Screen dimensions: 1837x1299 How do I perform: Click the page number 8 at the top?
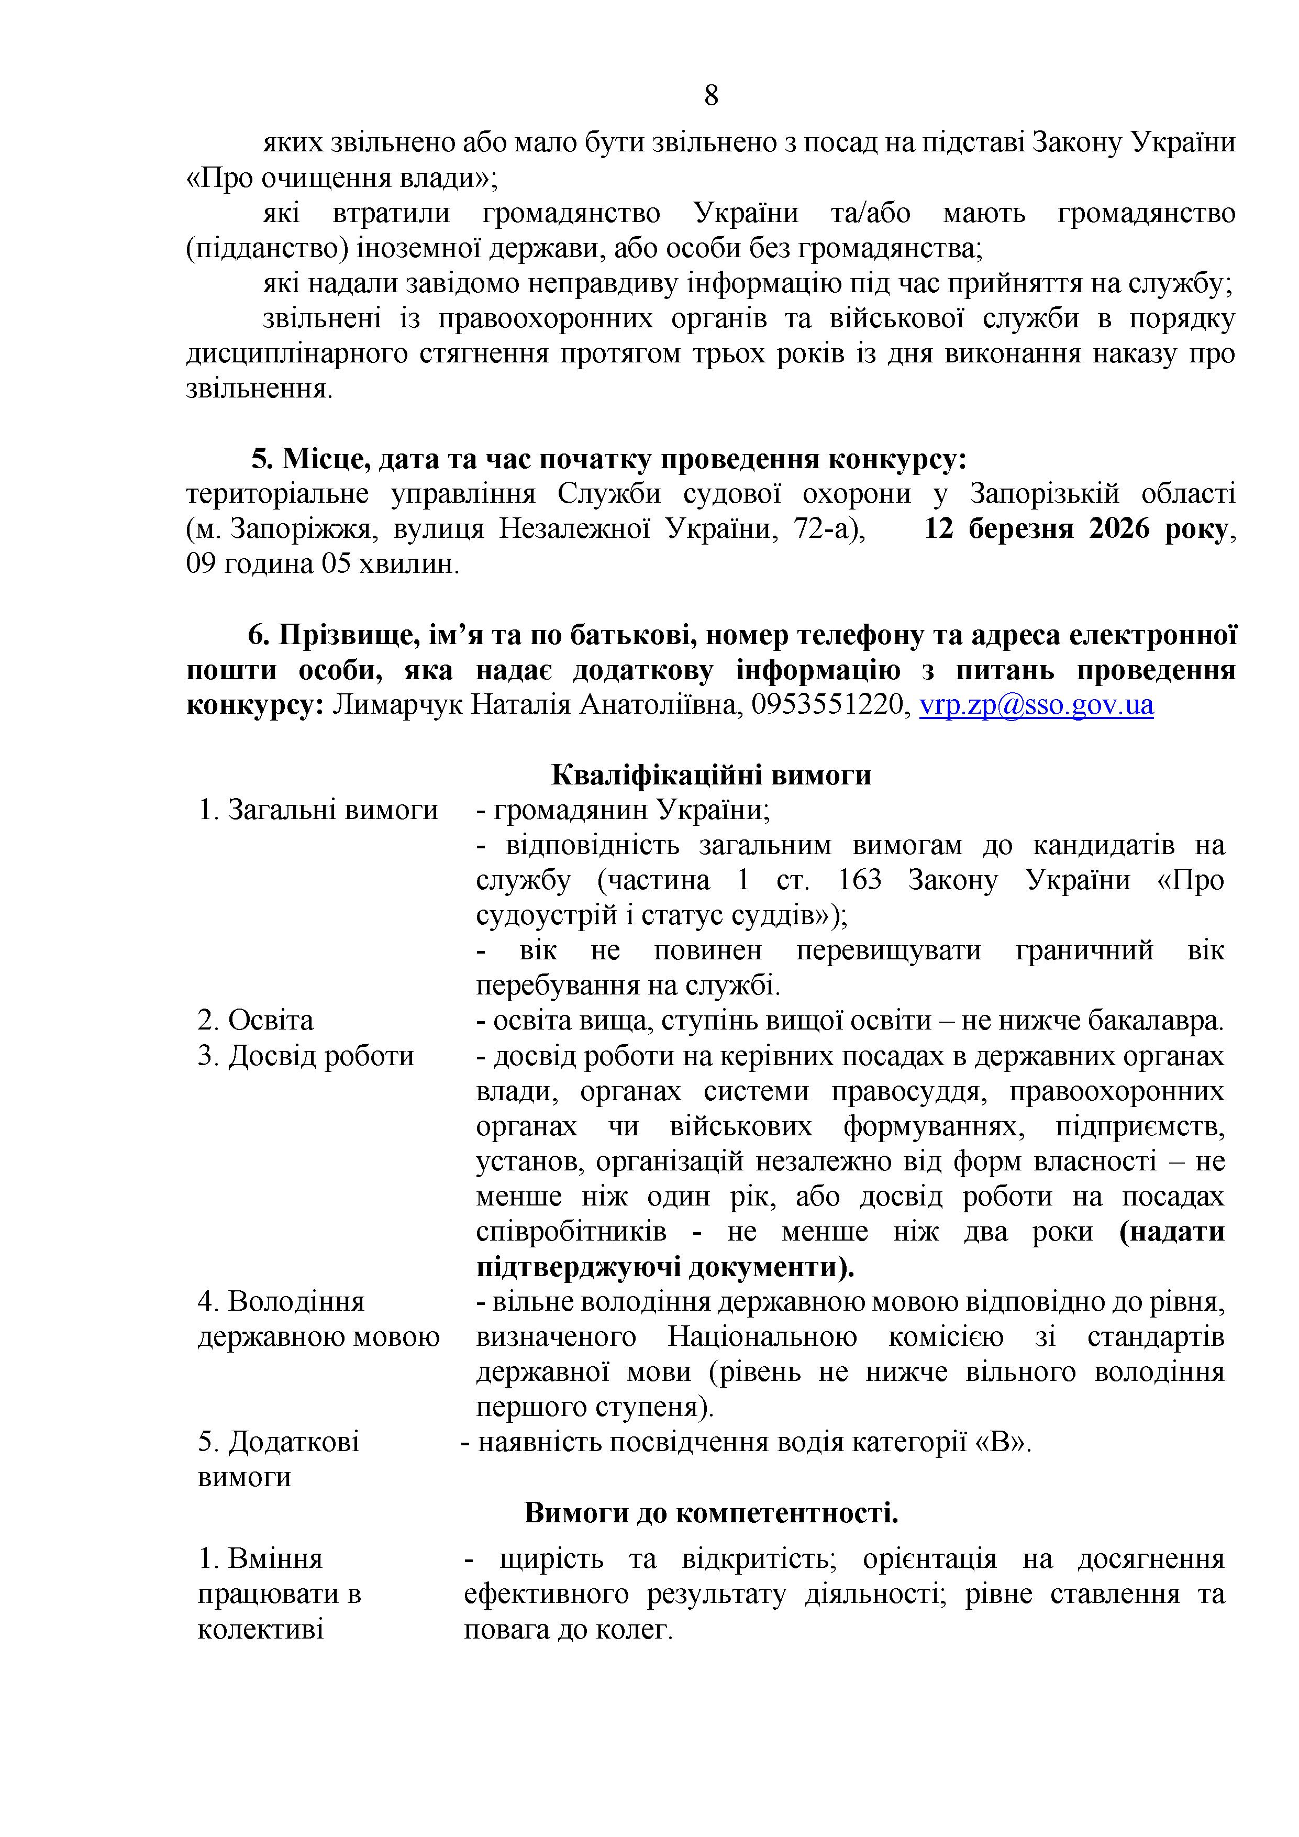pos(710,96)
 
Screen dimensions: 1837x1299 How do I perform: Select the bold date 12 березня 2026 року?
pos(1076,529)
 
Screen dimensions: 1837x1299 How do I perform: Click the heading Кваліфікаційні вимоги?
pos(711,774)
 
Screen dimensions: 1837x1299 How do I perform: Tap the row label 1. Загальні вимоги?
pos(318,810)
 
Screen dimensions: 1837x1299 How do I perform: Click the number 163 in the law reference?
pos(859,880)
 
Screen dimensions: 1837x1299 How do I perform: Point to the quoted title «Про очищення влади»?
pos(341,178)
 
